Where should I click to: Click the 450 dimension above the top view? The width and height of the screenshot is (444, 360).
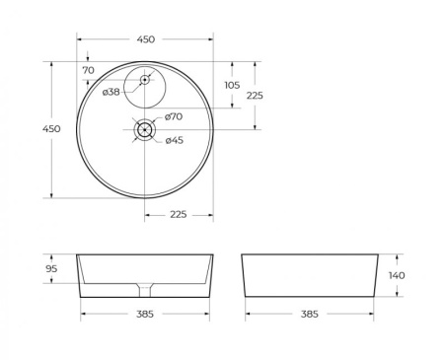[x=145, y=39]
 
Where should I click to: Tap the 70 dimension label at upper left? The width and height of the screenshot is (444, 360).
[x=89, y=71]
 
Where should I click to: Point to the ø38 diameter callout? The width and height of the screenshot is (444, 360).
[x=111, y=92]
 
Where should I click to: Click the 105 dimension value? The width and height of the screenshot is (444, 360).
[x=232, y=85]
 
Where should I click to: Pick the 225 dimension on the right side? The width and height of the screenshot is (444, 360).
[x=255, y=96]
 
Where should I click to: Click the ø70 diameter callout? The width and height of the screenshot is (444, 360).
[x=174, y=116]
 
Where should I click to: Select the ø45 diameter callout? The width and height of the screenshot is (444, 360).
[x=174, y=140]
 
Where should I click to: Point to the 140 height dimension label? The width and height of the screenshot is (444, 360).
[x=396, y=275]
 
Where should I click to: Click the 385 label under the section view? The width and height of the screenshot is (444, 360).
[x=145, y=315]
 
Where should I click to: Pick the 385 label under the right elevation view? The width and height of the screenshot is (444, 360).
[x=309, y=315]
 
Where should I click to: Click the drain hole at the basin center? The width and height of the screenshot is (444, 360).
[x=145, y=129]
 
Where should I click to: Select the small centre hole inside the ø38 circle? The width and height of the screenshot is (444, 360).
[x=145, y=79]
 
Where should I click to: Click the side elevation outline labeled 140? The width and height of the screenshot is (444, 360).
[x=309, y=275]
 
